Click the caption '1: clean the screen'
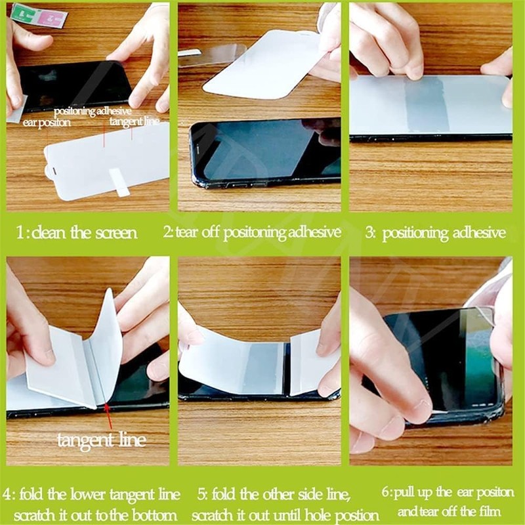tap(77, 232)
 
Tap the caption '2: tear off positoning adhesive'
tap(252, 232)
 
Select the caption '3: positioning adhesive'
tap(436, 232)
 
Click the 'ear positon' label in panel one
tap(47, 123)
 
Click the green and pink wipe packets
tap(39, 14)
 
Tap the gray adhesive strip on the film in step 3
tap(426, 105)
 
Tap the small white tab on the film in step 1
tap(120, 182)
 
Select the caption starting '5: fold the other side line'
tap(282, 502)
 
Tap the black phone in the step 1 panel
tap(72, 85)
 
